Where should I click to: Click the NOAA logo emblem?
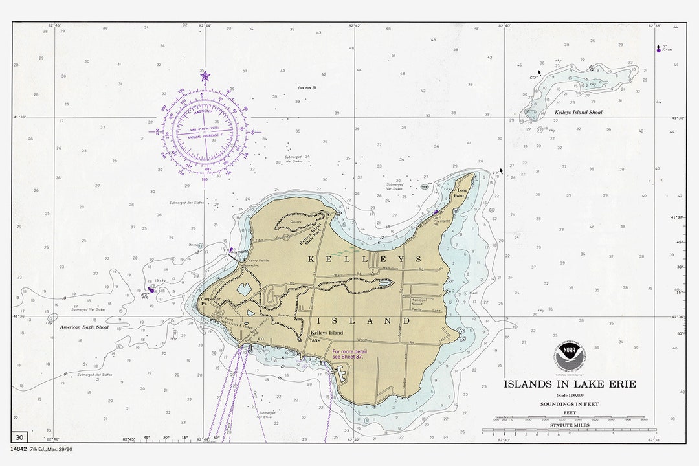click(570, 355)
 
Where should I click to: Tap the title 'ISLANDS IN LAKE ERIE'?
click(570, 384)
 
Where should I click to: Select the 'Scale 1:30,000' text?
click(570, 395)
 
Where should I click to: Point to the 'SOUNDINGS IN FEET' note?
click(570, 404)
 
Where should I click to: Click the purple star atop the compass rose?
click(205, 76)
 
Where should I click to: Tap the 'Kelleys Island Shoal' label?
click(579, 113)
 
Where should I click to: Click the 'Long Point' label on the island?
click(460, 192)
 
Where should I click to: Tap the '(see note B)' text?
click(307, 87)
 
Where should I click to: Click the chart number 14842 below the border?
click(19, 449)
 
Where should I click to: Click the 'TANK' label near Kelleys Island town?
click(315, 340)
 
